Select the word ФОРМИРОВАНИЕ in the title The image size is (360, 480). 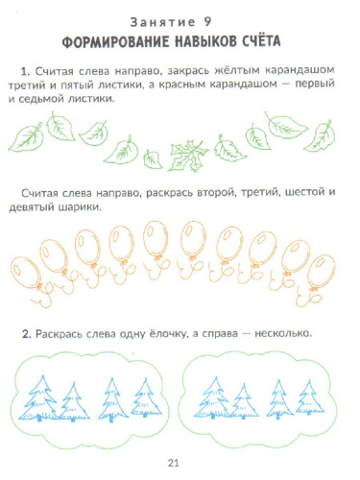pyautogui.click(x=120, y=43)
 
